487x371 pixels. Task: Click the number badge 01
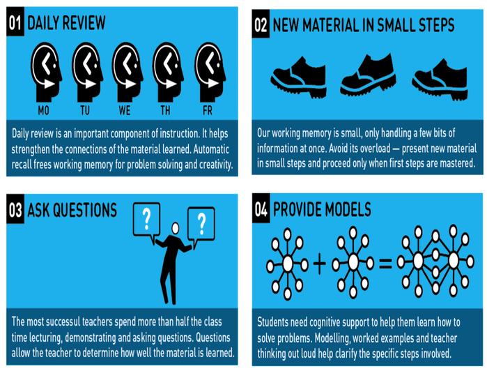(x=15, y=22)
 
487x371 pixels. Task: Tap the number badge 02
(x=261, y=24)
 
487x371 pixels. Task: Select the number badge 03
(x=15, y=209)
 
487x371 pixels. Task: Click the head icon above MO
(x=46, y=72)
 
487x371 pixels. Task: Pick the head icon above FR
(x=210, y=72)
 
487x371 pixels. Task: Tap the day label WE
(x=125, y=110)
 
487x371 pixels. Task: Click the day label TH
(x=165, y=110)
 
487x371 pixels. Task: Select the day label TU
(x=85, y=110)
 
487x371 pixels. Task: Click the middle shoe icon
(x=368, y=75)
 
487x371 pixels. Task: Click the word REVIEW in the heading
(x=84, y=23)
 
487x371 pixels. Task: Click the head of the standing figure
(x=176, y=228)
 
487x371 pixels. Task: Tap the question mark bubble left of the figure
(x=146, y=221)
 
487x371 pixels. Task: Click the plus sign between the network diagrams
(x=319, y=264)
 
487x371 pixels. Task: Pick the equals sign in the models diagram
(x=385, y=264)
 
